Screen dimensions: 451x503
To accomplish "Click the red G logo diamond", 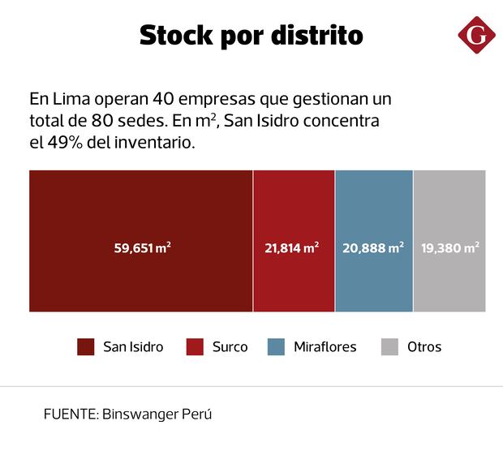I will pos(477,37).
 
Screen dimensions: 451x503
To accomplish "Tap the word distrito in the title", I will pos(318,37).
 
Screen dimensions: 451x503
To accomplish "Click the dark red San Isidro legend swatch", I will pos(86,347).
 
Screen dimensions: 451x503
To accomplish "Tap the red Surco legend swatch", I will pos(195,347).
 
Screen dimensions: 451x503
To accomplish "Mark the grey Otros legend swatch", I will pos(389,347).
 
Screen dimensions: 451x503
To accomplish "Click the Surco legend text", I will pos(230,347).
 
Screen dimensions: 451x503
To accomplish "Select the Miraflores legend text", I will pos(325,347).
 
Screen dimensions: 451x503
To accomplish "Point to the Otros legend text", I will pos(424,347).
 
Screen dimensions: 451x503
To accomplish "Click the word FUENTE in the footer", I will pos(71,414).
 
